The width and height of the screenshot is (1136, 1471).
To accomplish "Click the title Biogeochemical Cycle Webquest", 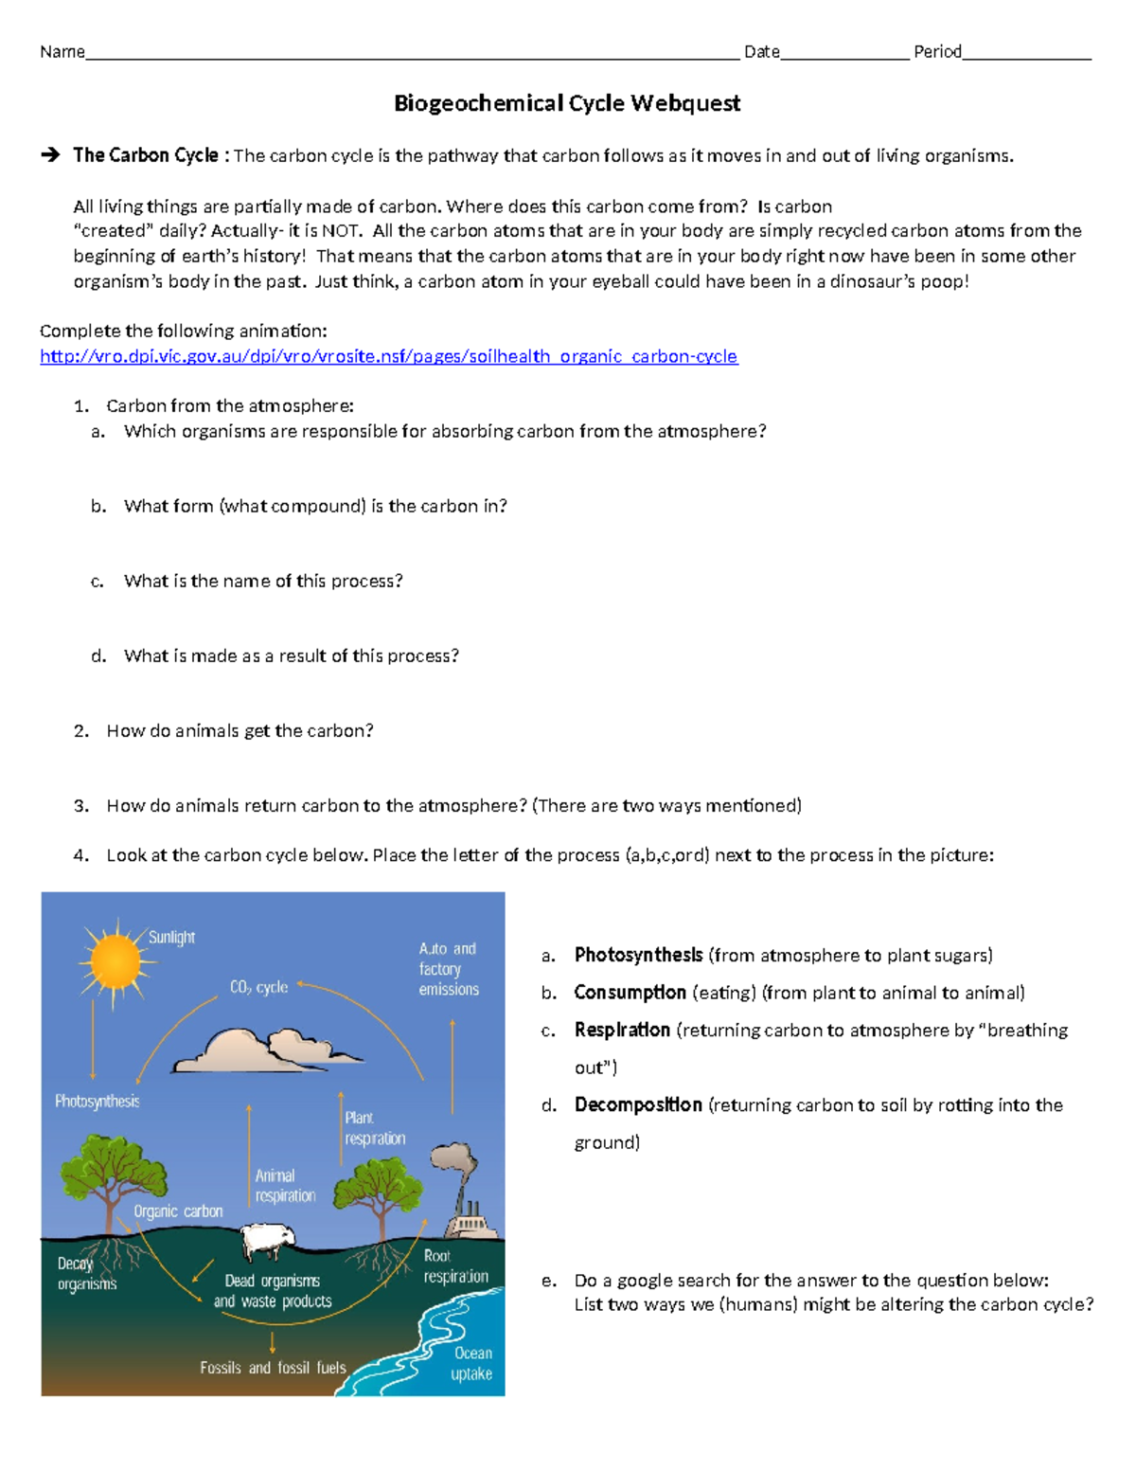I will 567,103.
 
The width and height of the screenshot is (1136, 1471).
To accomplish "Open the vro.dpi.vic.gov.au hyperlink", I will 388,356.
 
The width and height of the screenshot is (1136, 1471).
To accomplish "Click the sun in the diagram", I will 114,961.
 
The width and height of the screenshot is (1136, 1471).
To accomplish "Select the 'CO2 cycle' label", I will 258,987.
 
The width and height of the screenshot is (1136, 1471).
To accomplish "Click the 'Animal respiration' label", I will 284,1186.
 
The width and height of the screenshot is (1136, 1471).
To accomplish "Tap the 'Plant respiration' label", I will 374,1128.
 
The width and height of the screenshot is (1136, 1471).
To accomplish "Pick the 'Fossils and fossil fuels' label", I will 273,1368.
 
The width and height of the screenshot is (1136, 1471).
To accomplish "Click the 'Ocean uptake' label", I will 471,1364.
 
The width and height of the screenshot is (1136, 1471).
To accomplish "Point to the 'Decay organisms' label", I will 86,1274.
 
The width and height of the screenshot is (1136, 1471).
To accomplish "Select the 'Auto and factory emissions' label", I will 449,969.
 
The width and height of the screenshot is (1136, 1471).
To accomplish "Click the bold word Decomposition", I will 638,1105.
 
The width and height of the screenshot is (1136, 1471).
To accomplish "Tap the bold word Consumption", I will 630,993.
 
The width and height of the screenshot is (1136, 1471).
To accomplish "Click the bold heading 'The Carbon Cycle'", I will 146,155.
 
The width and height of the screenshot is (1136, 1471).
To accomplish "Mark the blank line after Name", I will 412,54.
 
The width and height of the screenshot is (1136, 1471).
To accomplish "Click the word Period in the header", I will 937,52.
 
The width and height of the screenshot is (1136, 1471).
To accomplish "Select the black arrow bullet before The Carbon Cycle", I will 50,155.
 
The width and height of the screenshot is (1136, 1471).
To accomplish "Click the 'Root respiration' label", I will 455,1266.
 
